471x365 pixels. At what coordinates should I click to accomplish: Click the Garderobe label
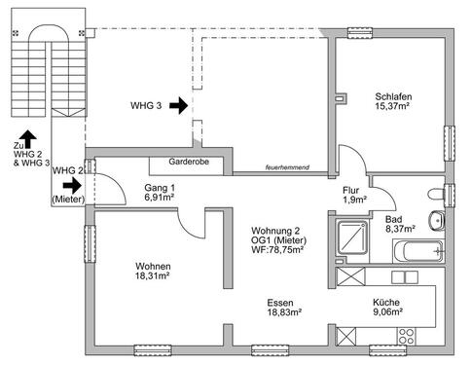188,163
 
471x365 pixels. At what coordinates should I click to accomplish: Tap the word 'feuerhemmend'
287,168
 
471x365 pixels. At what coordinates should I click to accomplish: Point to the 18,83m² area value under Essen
284,313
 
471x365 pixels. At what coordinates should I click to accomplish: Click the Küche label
385,302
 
